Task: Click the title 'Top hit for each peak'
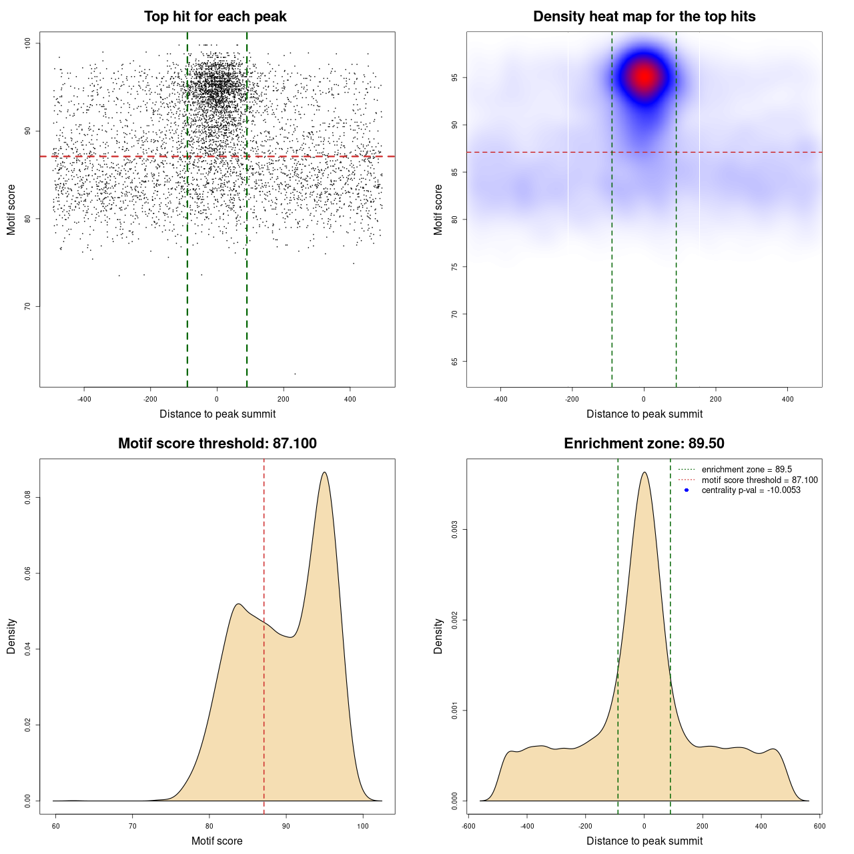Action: coord(216,17)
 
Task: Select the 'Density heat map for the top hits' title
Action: coord(644,17)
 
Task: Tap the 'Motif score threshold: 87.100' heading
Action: coord(217,444)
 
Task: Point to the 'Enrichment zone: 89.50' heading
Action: coord(644,444)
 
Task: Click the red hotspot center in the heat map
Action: coord(644,77)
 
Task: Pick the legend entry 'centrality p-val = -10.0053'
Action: coord(751,490)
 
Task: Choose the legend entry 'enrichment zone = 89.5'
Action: coord(747,470)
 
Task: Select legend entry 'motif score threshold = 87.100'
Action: coord(759,480)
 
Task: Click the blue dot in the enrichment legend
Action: coord(687,490)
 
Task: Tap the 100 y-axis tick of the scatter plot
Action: coord(27,43)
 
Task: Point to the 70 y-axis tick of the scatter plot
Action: coord(27,306)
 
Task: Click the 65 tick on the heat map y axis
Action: coord(454,362)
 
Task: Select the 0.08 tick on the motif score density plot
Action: coord(27,498)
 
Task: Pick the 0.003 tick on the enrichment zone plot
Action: coord(454,530)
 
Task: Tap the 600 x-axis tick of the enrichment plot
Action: coord(820,826)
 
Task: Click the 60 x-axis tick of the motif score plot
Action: coord(55,826)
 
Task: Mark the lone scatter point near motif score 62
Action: coord(295,374)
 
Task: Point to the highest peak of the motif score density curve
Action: coord(324,472)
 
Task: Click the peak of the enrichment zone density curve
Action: coord(644,472)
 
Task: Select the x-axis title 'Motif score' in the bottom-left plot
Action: coord(217,841)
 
